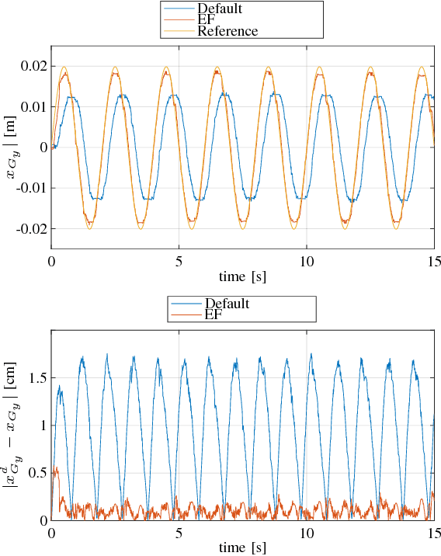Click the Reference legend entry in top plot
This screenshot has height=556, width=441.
click(227, 31)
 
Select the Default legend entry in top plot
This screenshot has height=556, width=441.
click(220, 9)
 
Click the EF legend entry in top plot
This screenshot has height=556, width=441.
click(207, 20)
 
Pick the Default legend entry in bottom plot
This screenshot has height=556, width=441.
click(227, 303)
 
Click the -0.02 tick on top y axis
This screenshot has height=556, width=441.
click(30, 228)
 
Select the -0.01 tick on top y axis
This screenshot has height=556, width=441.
click(30, 188)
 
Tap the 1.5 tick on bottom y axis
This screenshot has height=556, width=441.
click(36, 377)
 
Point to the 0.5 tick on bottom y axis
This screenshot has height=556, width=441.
click(36, 472)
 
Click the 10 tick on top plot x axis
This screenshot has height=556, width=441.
click(306, 262)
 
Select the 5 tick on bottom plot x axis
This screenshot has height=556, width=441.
click(179, 533)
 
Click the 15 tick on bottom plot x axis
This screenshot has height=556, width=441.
click(433, 533)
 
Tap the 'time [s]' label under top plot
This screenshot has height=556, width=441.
click(242, 276)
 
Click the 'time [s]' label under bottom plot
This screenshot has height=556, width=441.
click(242, 547)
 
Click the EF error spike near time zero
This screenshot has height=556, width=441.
click(56, 470)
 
